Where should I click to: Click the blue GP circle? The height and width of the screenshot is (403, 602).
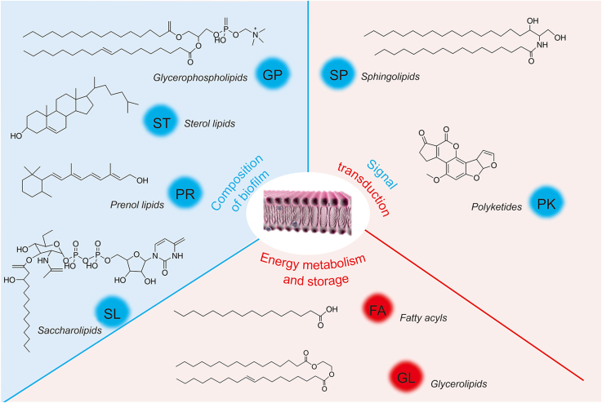point(273,74)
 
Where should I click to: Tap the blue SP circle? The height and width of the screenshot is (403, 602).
point(338,74)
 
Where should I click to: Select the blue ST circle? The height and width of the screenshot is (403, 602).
point(161,122)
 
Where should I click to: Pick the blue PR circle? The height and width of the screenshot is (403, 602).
point(185,193)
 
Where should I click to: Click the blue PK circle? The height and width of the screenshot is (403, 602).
point(546,203)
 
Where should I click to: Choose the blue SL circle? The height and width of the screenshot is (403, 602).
point(112,313)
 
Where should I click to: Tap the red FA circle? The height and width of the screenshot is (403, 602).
point(378,309)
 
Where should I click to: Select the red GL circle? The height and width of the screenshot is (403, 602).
point(406,378)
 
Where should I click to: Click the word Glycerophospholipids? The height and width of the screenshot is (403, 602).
point(200,77)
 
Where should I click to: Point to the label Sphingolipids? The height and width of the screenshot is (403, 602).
point(390,77)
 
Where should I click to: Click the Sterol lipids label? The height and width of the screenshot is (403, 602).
point(210,123)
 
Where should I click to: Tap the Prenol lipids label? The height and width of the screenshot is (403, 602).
point(137,205)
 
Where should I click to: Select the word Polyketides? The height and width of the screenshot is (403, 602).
point(497,207)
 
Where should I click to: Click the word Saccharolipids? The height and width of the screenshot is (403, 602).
point(69,330)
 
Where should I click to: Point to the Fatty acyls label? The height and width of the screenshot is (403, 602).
point(423,318)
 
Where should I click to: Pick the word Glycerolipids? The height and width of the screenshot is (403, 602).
point(459,383)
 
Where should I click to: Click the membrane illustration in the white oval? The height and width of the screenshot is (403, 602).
point(307,212)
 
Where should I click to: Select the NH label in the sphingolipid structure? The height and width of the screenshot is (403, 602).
point(542,45)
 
